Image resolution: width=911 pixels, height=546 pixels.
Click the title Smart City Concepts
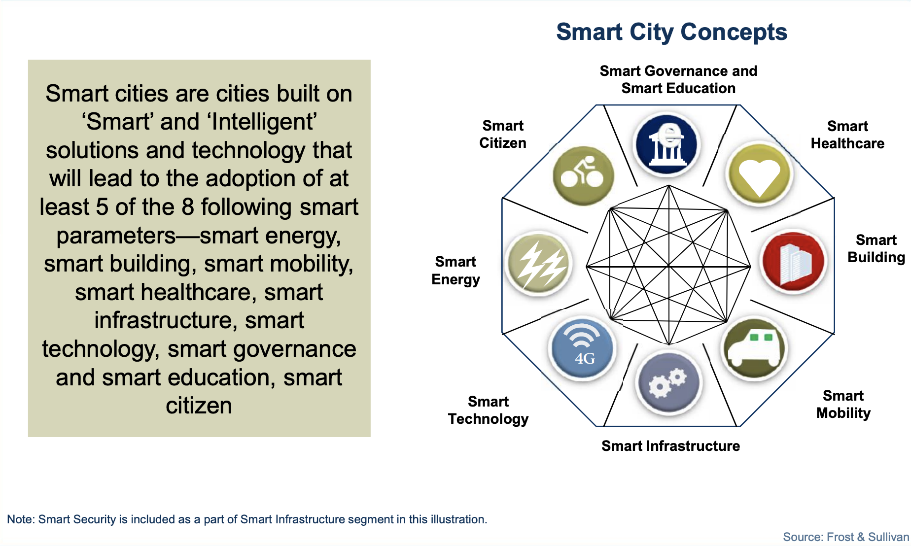click(671, 32)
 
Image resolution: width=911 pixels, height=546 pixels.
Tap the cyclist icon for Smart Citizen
click(583, 175)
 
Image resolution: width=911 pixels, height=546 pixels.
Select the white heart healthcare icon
click(759, 173)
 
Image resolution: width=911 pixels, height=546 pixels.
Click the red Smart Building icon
click(794, 261)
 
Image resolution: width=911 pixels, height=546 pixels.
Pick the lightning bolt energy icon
click(539, 264)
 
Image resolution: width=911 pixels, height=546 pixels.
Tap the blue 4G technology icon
click(582, 348)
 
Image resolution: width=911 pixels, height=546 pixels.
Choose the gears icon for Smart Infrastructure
click(669, 382)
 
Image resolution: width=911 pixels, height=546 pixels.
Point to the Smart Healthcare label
click(847, 135)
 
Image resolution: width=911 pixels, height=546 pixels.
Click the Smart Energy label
click(455, 271)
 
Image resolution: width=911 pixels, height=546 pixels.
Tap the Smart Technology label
click(488, 410)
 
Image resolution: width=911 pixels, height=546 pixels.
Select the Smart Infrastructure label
click(670, 446)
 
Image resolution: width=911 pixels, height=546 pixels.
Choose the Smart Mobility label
click(843, 404)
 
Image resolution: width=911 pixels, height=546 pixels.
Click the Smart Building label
click(876, 248)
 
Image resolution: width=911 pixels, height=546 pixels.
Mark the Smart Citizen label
click(503, 134)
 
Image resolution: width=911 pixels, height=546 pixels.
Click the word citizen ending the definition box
click(199, 406)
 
